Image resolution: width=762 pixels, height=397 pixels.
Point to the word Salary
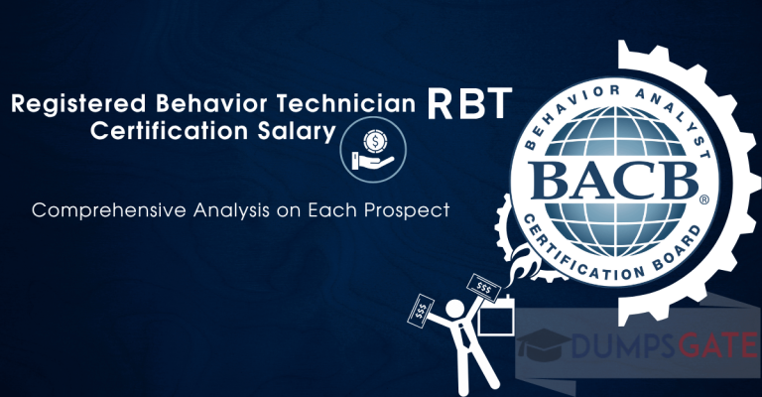point(295,131)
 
